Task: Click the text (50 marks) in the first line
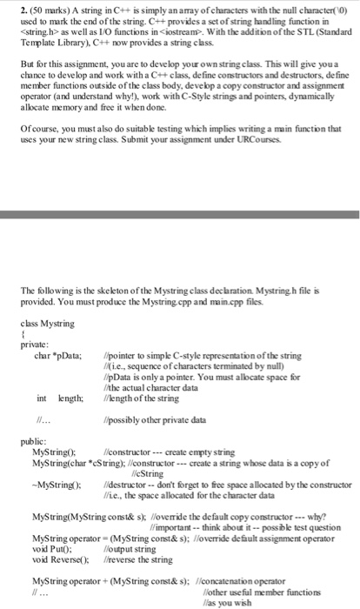coord(37,9)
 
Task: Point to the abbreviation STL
coord(271,33)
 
